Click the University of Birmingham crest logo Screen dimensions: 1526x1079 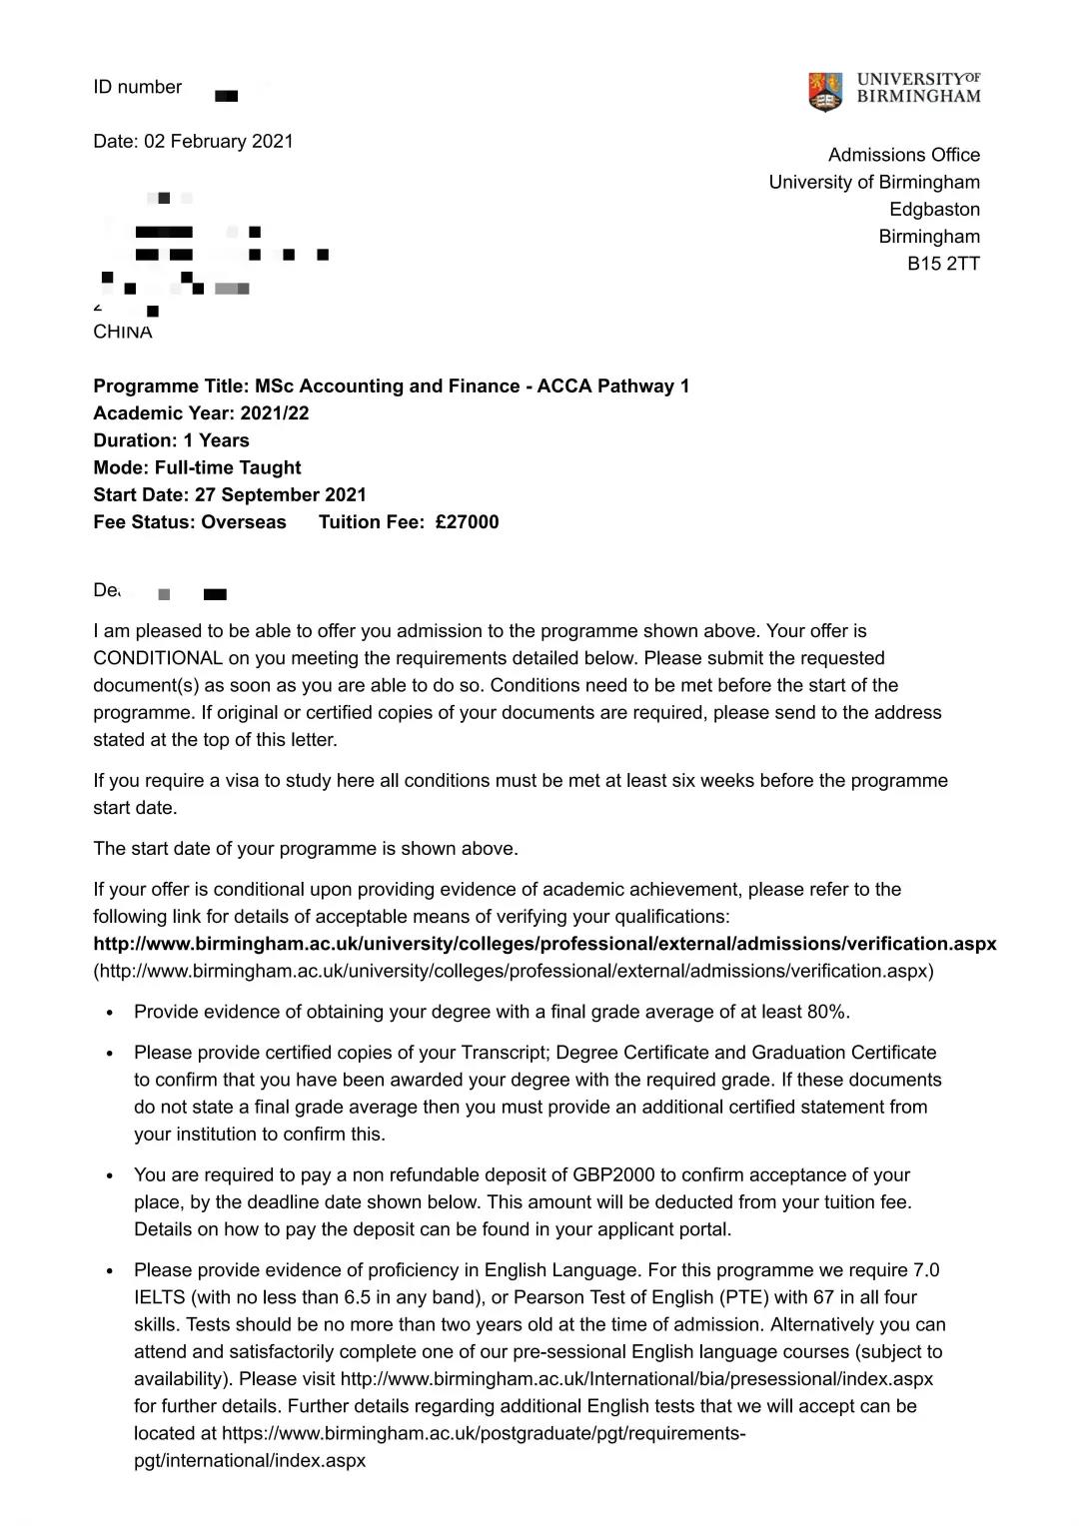825,91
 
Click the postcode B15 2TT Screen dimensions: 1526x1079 943,264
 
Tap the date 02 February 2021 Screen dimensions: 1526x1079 219,141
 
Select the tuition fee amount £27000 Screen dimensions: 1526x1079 467,522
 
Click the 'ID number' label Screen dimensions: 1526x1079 138,87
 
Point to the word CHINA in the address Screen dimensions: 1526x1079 123,333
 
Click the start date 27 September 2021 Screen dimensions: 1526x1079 281,495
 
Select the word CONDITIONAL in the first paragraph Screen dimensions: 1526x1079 158,658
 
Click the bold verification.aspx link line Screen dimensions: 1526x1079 544,944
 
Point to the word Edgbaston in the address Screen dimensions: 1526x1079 934,210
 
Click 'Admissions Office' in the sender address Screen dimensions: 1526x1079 903,155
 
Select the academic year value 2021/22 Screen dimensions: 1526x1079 275,413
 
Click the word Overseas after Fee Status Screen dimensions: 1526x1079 244,522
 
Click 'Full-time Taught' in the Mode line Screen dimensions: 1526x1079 228,468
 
